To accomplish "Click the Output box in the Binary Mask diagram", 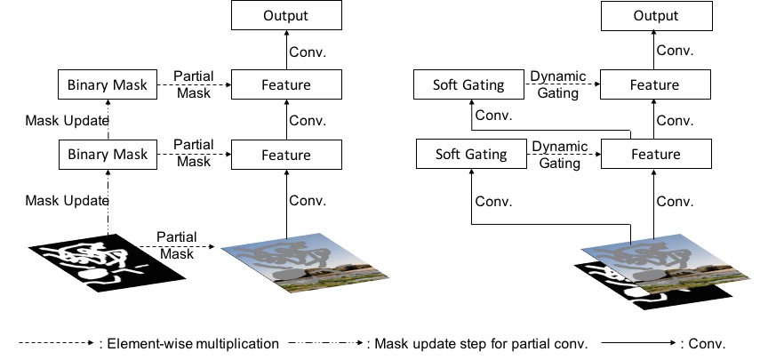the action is click(286, 15).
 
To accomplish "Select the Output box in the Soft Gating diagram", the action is click(657, 16).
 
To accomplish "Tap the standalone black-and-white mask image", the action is click(107, 263).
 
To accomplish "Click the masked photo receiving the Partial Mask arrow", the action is click(305, 263).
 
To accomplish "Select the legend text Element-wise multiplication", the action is click(193, 344).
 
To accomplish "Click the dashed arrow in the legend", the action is click(56, 343).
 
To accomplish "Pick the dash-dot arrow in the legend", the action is click(326, 343).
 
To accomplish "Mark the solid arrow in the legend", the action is click(638, 343).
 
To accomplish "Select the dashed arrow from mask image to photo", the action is click(177, 246).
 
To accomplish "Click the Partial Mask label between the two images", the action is click(177, 245).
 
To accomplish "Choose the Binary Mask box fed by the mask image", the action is click(108, 155).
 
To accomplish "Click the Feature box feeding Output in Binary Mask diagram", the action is click(286, 84).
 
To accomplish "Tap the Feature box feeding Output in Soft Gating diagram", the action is click(655, 84).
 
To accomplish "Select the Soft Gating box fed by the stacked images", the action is click(471, 154).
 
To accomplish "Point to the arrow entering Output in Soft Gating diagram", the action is click(653, 50).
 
